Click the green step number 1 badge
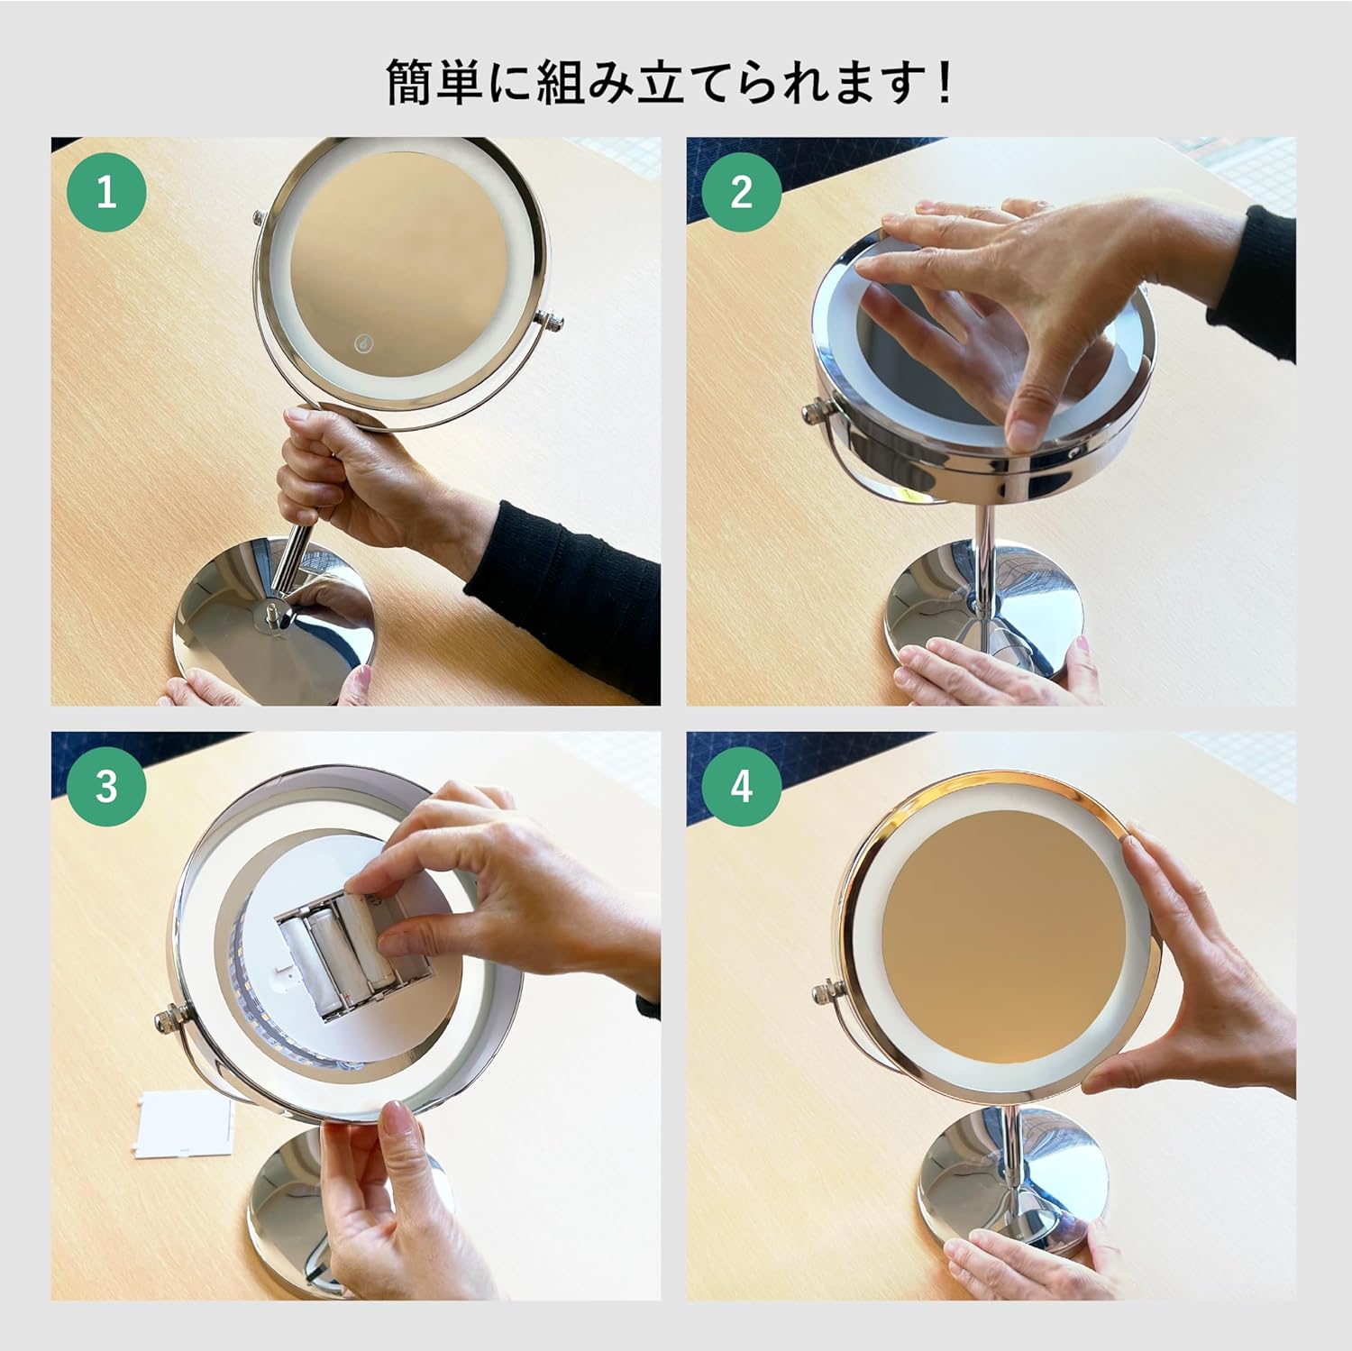107,191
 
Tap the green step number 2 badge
741,191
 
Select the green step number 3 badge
107,786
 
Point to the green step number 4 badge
741,786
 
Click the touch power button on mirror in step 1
362,343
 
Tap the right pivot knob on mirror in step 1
551,319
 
